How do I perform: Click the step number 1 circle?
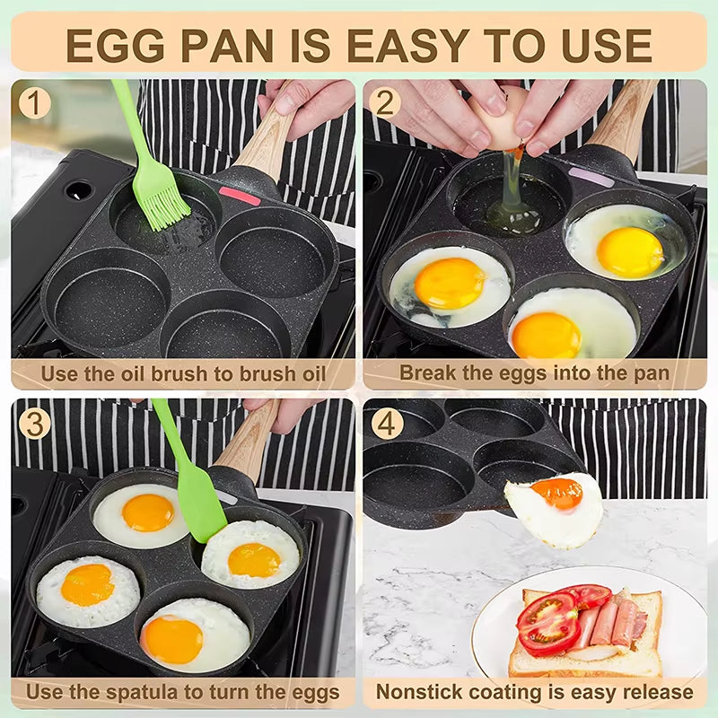[x=34, y=103]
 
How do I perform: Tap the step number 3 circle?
[x=34, y=423]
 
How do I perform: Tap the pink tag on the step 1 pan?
[x=240, y=195]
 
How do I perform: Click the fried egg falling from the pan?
[x=555, y=508]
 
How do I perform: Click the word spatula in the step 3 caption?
[x=154, y=692]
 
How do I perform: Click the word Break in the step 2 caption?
[x=425, y=372]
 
